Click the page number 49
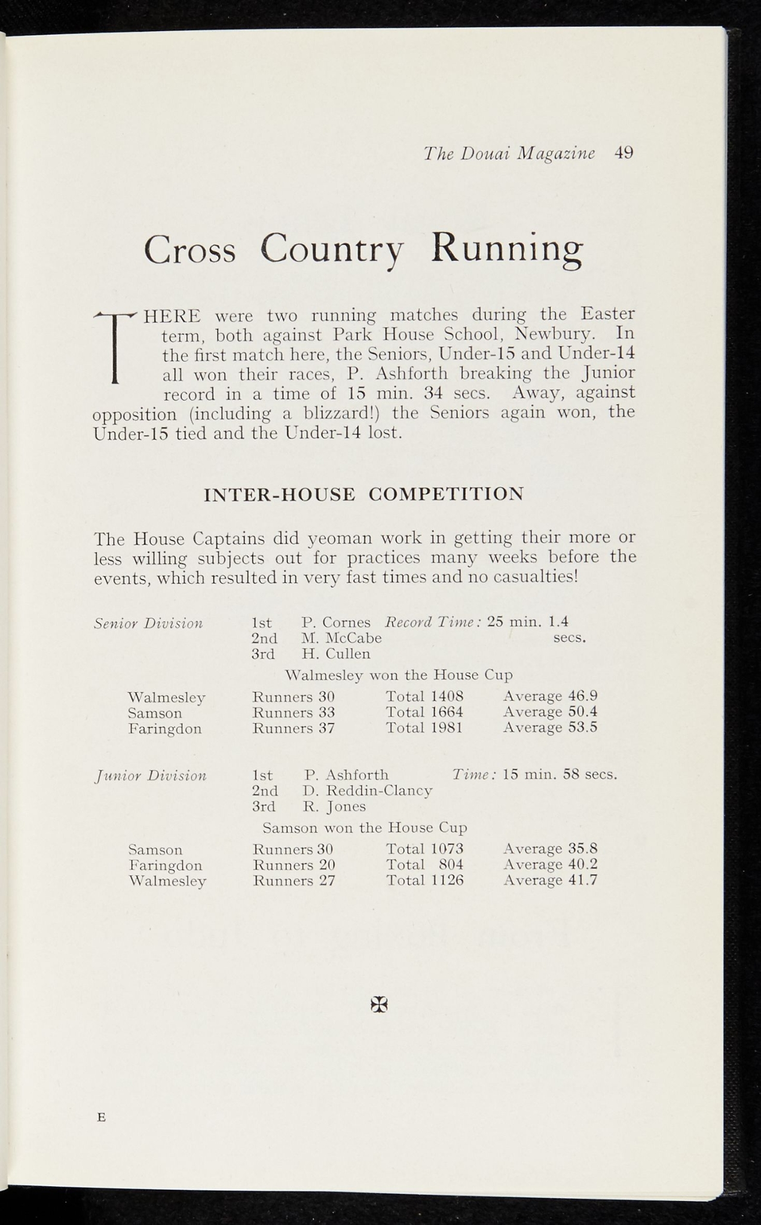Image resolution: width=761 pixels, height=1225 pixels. tap(623, 154)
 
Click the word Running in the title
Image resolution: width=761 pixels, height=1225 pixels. tap(507, 249)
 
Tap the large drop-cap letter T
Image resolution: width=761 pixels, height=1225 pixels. tap(116, 346)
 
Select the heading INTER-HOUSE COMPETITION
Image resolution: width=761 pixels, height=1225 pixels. tap(363, 495)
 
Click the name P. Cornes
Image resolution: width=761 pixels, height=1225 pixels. tap(336, 622)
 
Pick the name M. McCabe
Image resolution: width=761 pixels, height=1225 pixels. tap(341, 638)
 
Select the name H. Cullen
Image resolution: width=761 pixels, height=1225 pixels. tap(336, 654)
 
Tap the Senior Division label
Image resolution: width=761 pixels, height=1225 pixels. tap(148, 624)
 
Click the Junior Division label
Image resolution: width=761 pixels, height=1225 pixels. tap(151, 776)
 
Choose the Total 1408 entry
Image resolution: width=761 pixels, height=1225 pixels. tap(424, 696)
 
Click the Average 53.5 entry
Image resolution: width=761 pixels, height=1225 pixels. tap(550, 727)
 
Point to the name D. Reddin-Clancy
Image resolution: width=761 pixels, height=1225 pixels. tap(368, 791)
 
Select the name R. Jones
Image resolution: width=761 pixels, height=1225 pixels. tap(334, 806)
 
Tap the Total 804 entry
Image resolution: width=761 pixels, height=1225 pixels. tap(424, 865)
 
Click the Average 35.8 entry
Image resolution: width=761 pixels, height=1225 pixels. tap(550, 849)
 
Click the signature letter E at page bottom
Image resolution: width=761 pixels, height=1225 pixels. tap(101, 1117)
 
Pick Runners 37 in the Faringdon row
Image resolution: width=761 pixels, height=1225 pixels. tap(293, 728)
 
